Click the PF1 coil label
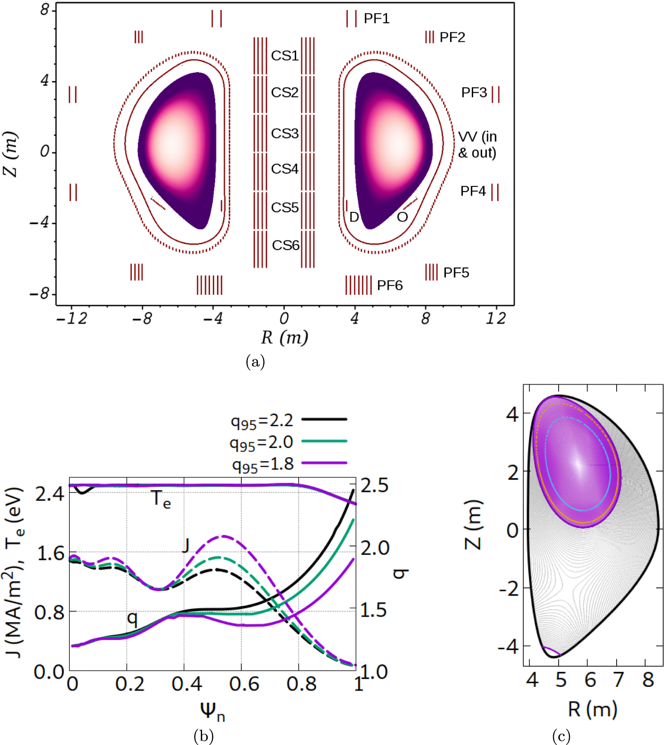tap(376, 19)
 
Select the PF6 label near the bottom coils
tap(390, 286)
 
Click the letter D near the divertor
tap(354, 217)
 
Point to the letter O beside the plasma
tap(402, 217)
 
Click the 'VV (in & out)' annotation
tap(477, 145)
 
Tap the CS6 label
tap(286, 245)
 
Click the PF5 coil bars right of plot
tap(431, 272)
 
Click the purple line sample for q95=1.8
tap(324, 463)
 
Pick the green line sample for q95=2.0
tap(324, 441)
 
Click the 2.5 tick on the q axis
tap(374, 485)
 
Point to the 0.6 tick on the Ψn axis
tap(244, 684)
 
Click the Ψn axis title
tap(212, 711)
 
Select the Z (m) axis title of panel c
tap(473, 525)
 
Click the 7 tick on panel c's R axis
tap(618, 680)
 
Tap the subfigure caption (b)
tap(204, 736)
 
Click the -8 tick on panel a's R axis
tap(142, 319)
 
